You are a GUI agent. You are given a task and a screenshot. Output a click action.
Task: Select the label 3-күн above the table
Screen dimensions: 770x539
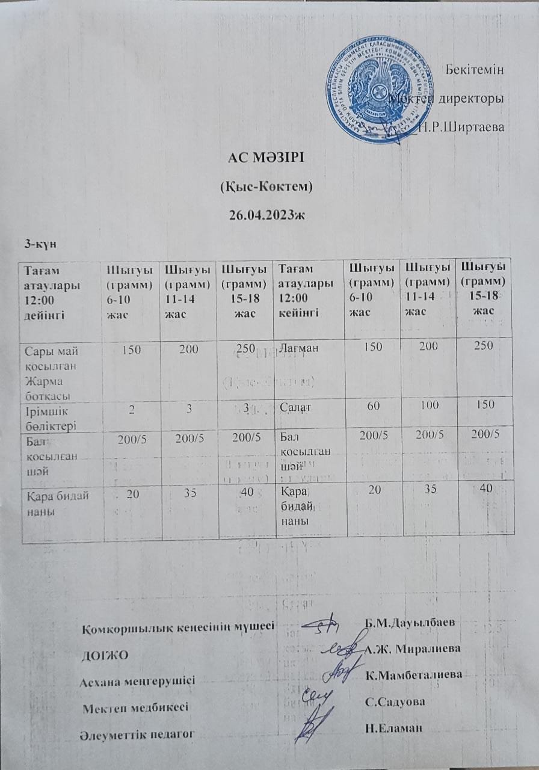37,243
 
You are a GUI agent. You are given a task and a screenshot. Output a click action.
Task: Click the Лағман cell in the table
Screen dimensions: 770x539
297,346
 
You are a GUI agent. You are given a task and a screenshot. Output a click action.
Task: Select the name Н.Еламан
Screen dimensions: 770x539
394,728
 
